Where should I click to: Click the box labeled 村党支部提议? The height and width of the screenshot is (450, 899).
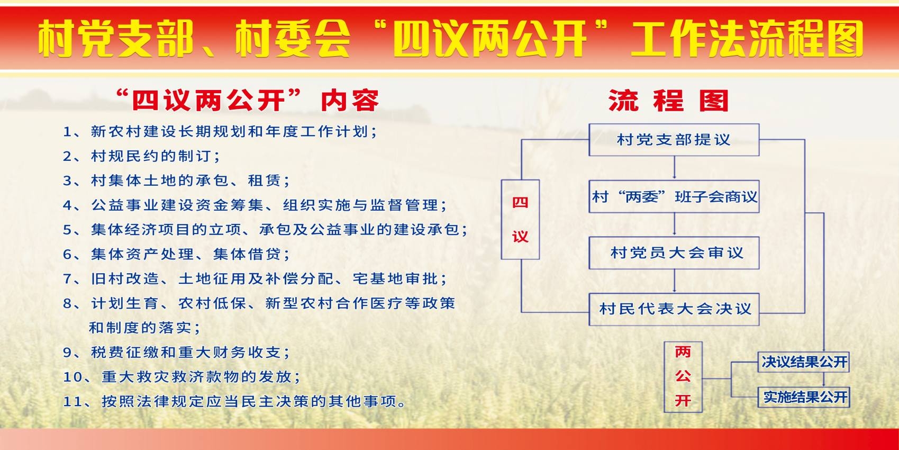point(674,140)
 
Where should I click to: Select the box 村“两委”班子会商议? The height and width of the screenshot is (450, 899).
point(674,197)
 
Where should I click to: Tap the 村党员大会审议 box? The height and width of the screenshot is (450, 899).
point(674,253)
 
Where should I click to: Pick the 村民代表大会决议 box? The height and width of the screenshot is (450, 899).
point(674,309)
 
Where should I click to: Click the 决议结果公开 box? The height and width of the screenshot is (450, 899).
point(803,362)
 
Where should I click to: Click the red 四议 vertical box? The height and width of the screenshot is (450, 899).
point(520,219)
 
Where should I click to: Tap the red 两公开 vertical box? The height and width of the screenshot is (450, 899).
point(683,376)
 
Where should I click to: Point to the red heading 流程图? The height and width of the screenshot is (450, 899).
point(669,101)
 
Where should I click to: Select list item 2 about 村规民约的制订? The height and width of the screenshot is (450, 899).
point(142,156)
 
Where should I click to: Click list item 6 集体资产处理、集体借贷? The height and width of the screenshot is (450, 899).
point(177,254)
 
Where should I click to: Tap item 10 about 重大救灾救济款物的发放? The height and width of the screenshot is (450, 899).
point(182,377)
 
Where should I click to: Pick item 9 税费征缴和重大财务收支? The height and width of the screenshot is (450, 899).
point(177,353)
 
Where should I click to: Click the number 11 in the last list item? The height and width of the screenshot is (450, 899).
point(72,402)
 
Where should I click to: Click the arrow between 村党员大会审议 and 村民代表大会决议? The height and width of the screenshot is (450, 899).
point(674,281)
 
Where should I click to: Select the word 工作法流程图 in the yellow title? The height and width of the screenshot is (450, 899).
point(746,39)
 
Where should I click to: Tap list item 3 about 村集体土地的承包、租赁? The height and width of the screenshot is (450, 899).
point(177,181)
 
